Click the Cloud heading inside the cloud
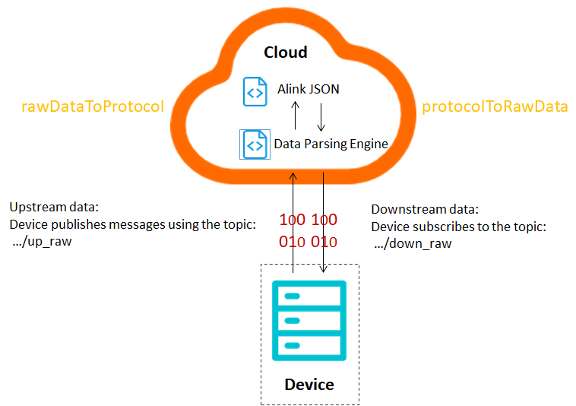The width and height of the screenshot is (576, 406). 285,52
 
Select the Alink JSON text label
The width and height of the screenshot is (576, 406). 308,89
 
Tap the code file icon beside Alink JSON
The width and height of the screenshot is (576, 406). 255,91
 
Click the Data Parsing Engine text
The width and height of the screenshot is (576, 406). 331,144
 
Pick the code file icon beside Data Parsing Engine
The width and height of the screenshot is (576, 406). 255,144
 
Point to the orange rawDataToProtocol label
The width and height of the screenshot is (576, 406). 92,106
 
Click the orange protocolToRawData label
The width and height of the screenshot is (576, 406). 495,106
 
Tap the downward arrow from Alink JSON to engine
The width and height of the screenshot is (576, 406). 321,116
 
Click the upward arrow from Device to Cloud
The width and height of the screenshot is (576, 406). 294,220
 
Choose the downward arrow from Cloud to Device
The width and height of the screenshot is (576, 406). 324,220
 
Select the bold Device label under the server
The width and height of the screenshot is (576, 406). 309,384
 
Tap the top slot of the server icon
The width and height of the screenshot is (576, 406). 309,296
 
